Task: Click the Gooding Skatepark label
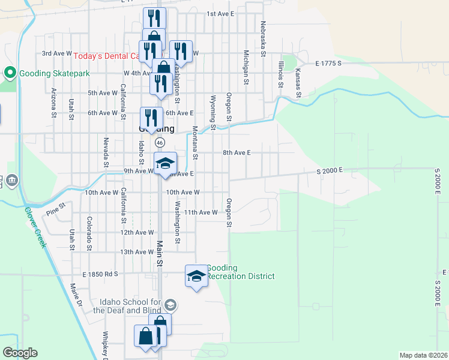pos(54,73)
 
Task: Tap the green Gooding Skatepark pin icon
pos(10,73)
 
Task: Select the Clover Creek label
pos(35,227)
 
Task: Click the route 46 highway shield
pos(160,143)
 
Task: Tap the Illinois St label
pos(280,74)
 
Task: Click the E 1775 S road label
pos(328,63)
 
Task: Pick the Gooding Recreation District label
pos(241,272)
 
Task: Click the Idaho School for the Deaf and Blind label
pos(127,305)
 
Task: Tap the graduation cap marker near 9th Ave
pos(166,163)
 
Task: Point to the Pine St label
pos(55,212)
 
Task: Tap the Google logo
pos(20,353)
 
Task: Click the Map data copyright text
pos(423,355)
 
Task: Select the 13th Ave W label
pos(137,252)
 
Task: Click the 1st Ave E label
pos(220,13)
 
